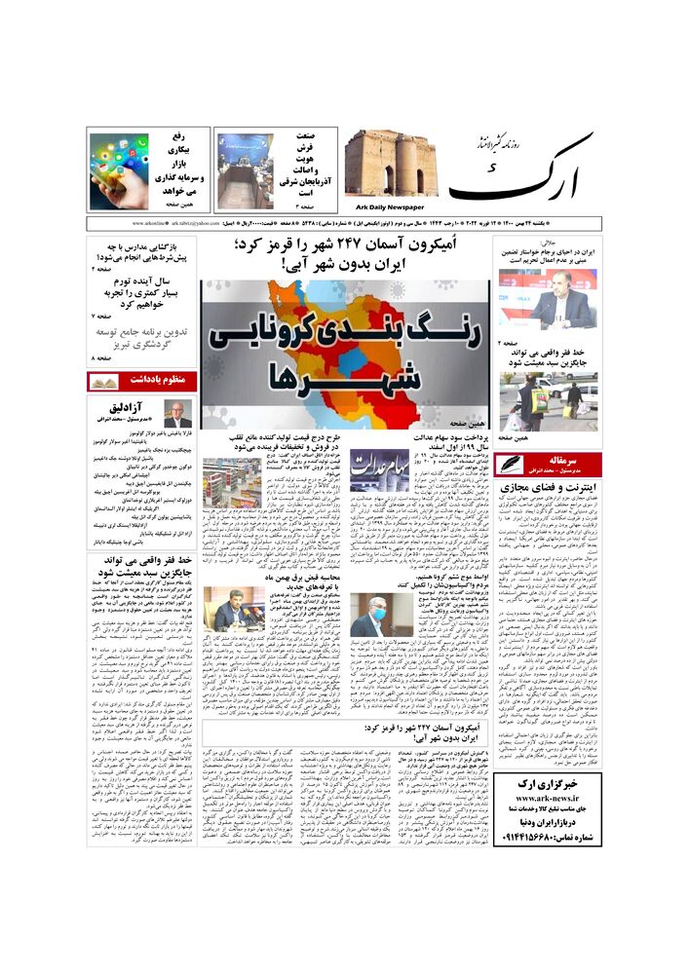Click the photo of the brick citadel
click(x=391, y=164)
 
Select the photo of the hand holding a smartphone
click(x=119, y=171)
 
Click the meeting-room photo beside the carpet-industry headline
click(x=245, y=171)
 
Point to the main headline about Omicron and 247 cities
click(x=345, y=255)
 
